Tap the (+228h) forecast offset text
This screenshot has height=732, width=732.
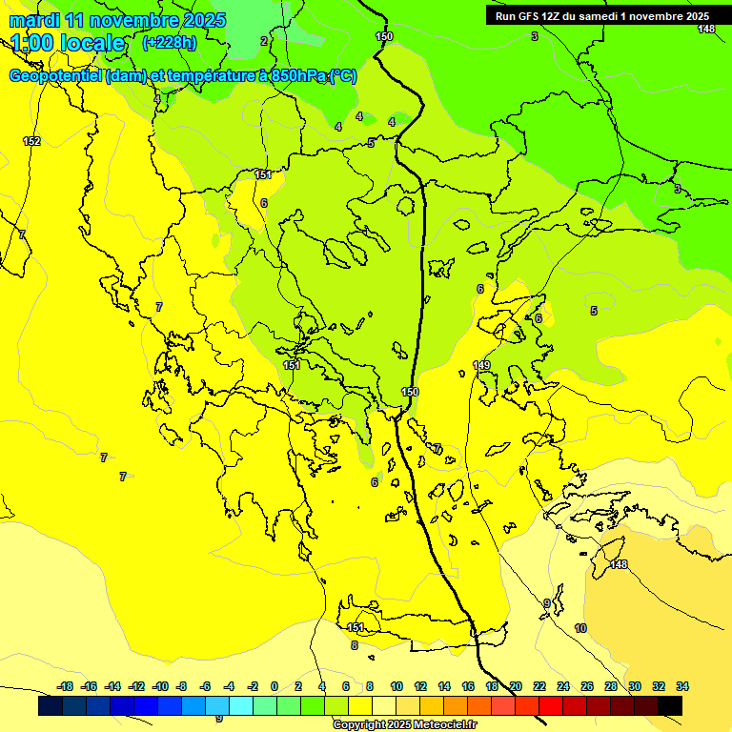coord(169,43)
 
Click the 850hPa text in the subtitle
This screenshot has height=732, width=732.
coord(292,76)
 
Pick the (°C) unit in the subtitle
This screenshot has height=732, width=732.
coord(343,76)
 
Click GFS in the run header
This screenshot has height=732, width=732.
coord(529,16)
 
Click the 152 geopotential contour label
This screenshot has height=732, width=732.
coord(31,141)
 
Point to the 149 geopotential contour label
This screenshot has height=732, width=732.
coord(481,366)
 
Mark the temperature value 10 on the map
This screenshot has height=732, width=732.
coord(580,628)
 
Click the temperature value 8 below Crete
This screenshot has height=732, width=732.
coord(354,645)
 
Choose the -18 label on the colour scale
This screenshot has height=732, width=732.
coord(65,686)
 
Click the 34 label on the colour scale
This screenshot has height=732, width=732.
coord(682,686)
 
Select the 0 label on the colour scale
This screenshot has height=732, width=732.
coord(274,686)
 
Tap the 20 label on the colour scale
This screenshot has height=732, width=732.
coord(516,686)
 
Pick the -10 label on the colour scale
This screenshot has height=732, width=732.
coord(159,686)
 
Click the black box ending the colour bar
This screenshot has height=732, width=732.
coord(670,705)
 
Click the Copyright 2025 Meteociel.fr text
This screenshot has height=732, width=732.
coord(404,724)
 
